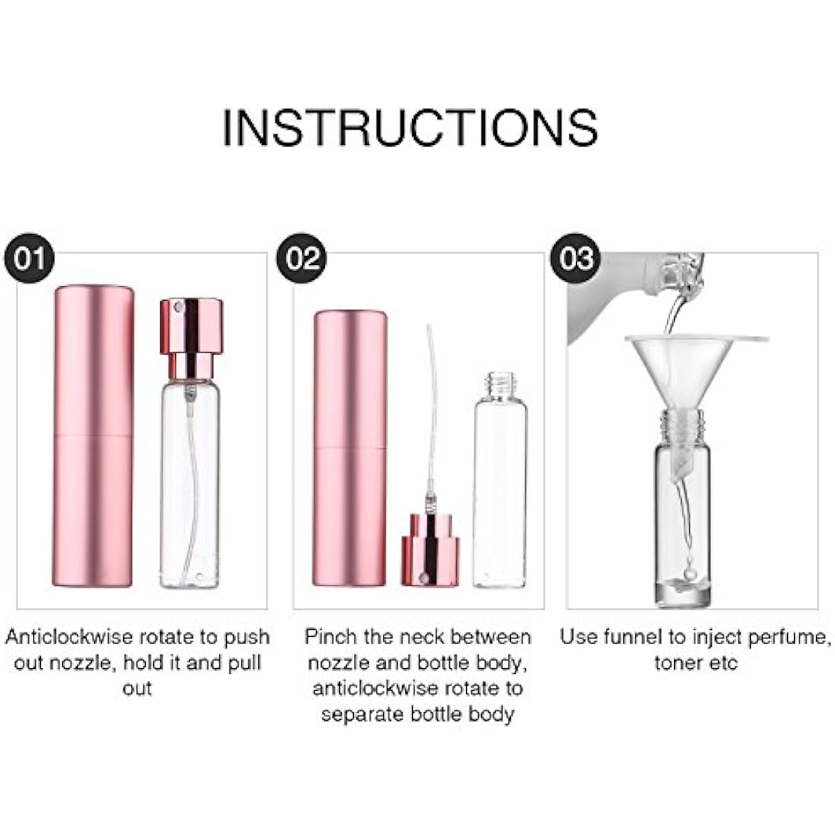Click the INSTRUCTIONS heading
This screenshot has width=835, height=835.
pos(410,127)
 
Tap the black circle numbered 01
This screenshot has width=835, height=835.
pos(31,259)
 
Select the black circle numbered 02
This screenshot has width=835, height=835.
pos(303,259)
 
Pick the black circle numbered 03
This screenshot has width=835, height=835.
pos(576,259)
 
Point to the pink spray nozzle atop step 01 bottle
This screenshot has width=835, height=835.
pos(191,326)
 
